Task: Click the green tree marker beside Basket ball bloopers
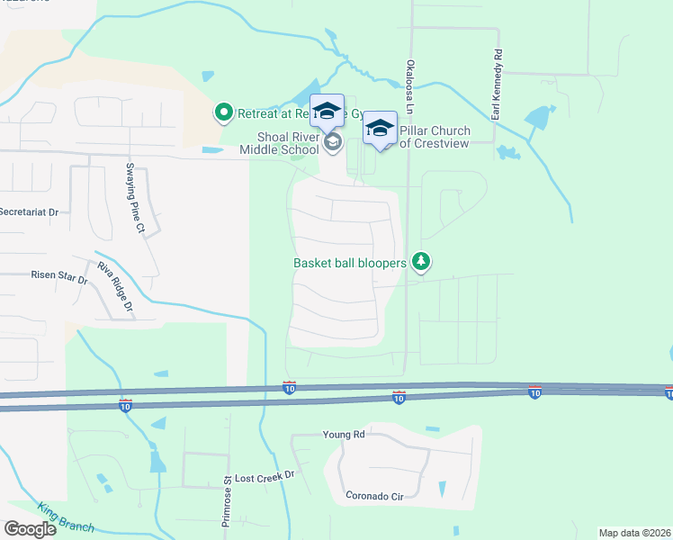(x=420, y=262)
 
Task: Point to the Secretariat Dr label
(x=29, y=212)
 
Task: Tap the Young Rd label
(x=345, y=435)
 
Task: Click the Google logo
(x=30, y=529)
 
